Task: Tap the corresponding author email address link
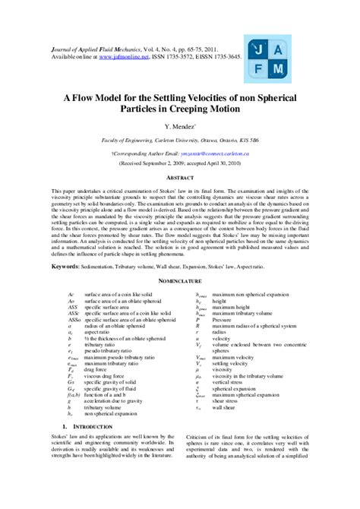219,153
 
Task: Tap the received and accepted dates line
180,163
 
